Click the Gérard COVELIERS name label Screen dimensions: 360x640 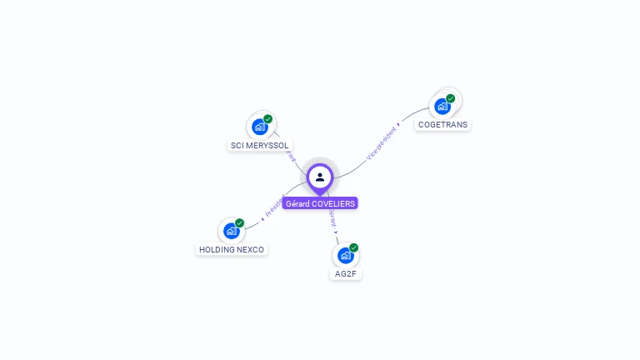pos(320,203)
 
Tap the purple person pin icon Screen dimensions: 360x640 pos(320,177)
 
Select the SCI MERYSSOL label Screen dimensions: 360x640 pos(260,145)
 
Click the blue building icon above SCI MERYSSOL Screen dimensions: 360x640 pos(260,127)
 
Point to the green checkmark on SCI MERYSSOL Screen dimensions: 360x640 pos(268,119)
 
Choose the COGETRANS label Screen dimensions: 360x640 pos(442,124)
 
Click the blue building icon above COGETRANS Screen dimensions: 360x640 pos(442,107)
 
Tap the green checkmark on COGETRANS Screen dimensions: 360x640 pos(451,98)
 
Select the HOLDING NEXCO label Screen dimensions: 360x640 pos(232,249)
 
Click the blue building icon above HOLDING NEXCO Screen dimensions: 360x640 pos(232,231)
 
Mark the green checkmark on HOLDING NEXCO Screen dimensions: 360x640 pos(240,222)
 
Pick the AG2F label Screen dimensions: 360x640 pos(346,273)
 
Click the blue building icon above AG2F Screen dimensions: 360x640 pos(346,255)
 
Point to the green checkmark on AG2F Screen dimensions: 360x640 pos(354,247)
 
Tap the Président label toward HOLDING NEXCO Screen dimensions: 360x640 pos(275,206)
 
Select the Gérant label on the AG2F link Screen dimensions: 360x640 pos(332,218)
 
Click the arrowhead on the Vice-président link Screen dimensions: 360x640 pos(398,124)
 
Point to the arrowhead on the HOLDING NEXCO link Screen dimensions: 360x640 pos(262,218)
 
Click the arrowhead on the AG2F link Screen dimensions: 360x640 pos(336,232)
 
